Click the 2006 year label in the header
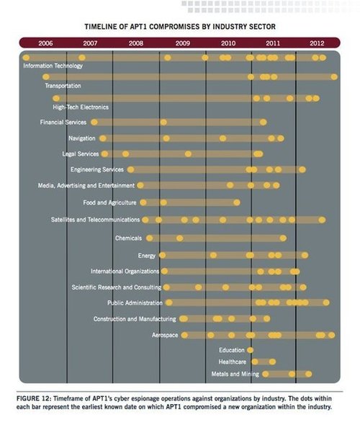click(x=45, y=43)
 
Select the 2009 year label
click(x=183, y=43)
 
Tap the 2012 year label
click(x=317, y=43)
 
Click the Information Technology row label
click(x=53, y=66)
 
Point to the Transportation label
click(x=63, y=86)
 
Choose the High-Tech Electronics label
click(x=81, y=107)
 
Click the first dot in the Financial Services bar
click(x=94, y=122)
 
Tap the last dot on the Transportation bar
click(x=334, y=77)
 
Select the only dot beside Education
click(x=250, y=350)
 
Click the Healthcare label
click(x=233, y=362)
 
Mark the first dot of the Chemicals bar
click(x=150, y=238)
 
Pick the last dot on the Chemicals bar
click(x=283, y=238)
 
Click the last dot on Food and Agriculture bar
click(x=237, y=202)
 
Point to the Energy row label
click(x=147, y=256)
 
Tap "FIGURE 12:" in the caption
click(x=34, y=398)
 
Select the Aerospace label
click(x=165, y=335)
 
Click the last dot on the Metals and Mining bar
click(x=308, y=374)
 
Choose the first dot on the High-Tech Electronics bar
click(x=56, y=99)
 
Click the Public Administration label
click(x=135, y=303)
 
